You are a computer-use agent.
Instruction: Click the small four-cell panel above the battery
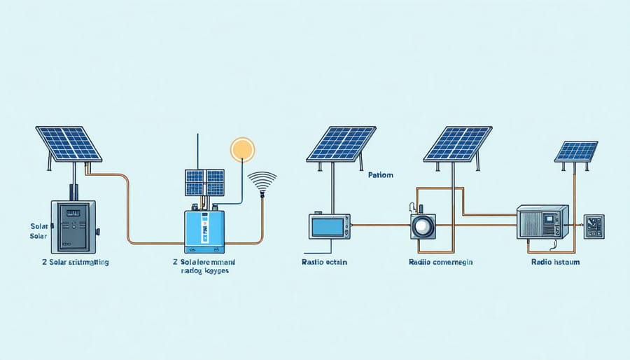(204, 182)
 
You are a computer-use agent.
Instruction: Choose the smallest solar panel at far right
(576, 151)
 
